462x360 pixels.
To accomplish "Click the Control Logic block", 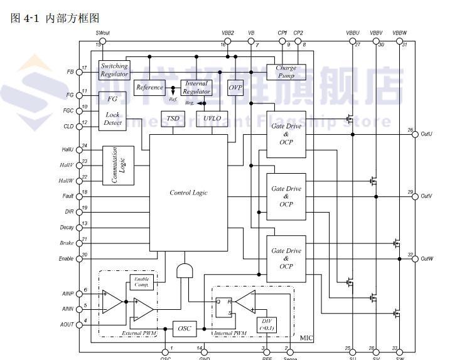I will [188, 192].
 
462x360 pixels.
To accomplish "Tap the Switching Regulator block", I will [114, 70].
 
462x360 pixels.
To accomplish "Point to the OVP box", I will [235, 87].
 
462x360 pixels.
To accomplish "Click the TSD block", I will [171, 119].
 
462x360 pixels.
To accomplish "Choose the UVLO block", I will [208, 119].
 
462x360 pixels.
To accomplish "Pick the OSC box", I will [184, 328].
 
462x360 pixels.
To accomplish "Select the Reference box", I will [149, 88].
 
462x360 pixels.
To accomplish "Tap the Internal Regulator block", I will [196, 87].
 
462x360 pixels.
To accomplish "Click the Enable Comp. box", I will [141, 282].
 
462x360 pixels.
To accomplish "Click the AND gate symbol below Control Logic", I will [186, 270].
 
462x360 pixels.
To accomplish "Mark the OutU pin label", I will [427, 134].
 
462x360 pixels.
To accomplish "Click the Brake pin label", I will [67, 243].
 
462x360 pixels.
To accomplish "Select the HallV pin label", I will [67, 166].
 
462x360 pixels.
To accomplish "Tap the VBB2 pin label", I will [227, 33].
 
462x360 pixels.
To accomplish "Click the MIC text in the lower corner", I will [306, 338].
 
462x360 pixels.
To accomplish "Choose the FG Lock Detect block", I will [113, 110].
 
